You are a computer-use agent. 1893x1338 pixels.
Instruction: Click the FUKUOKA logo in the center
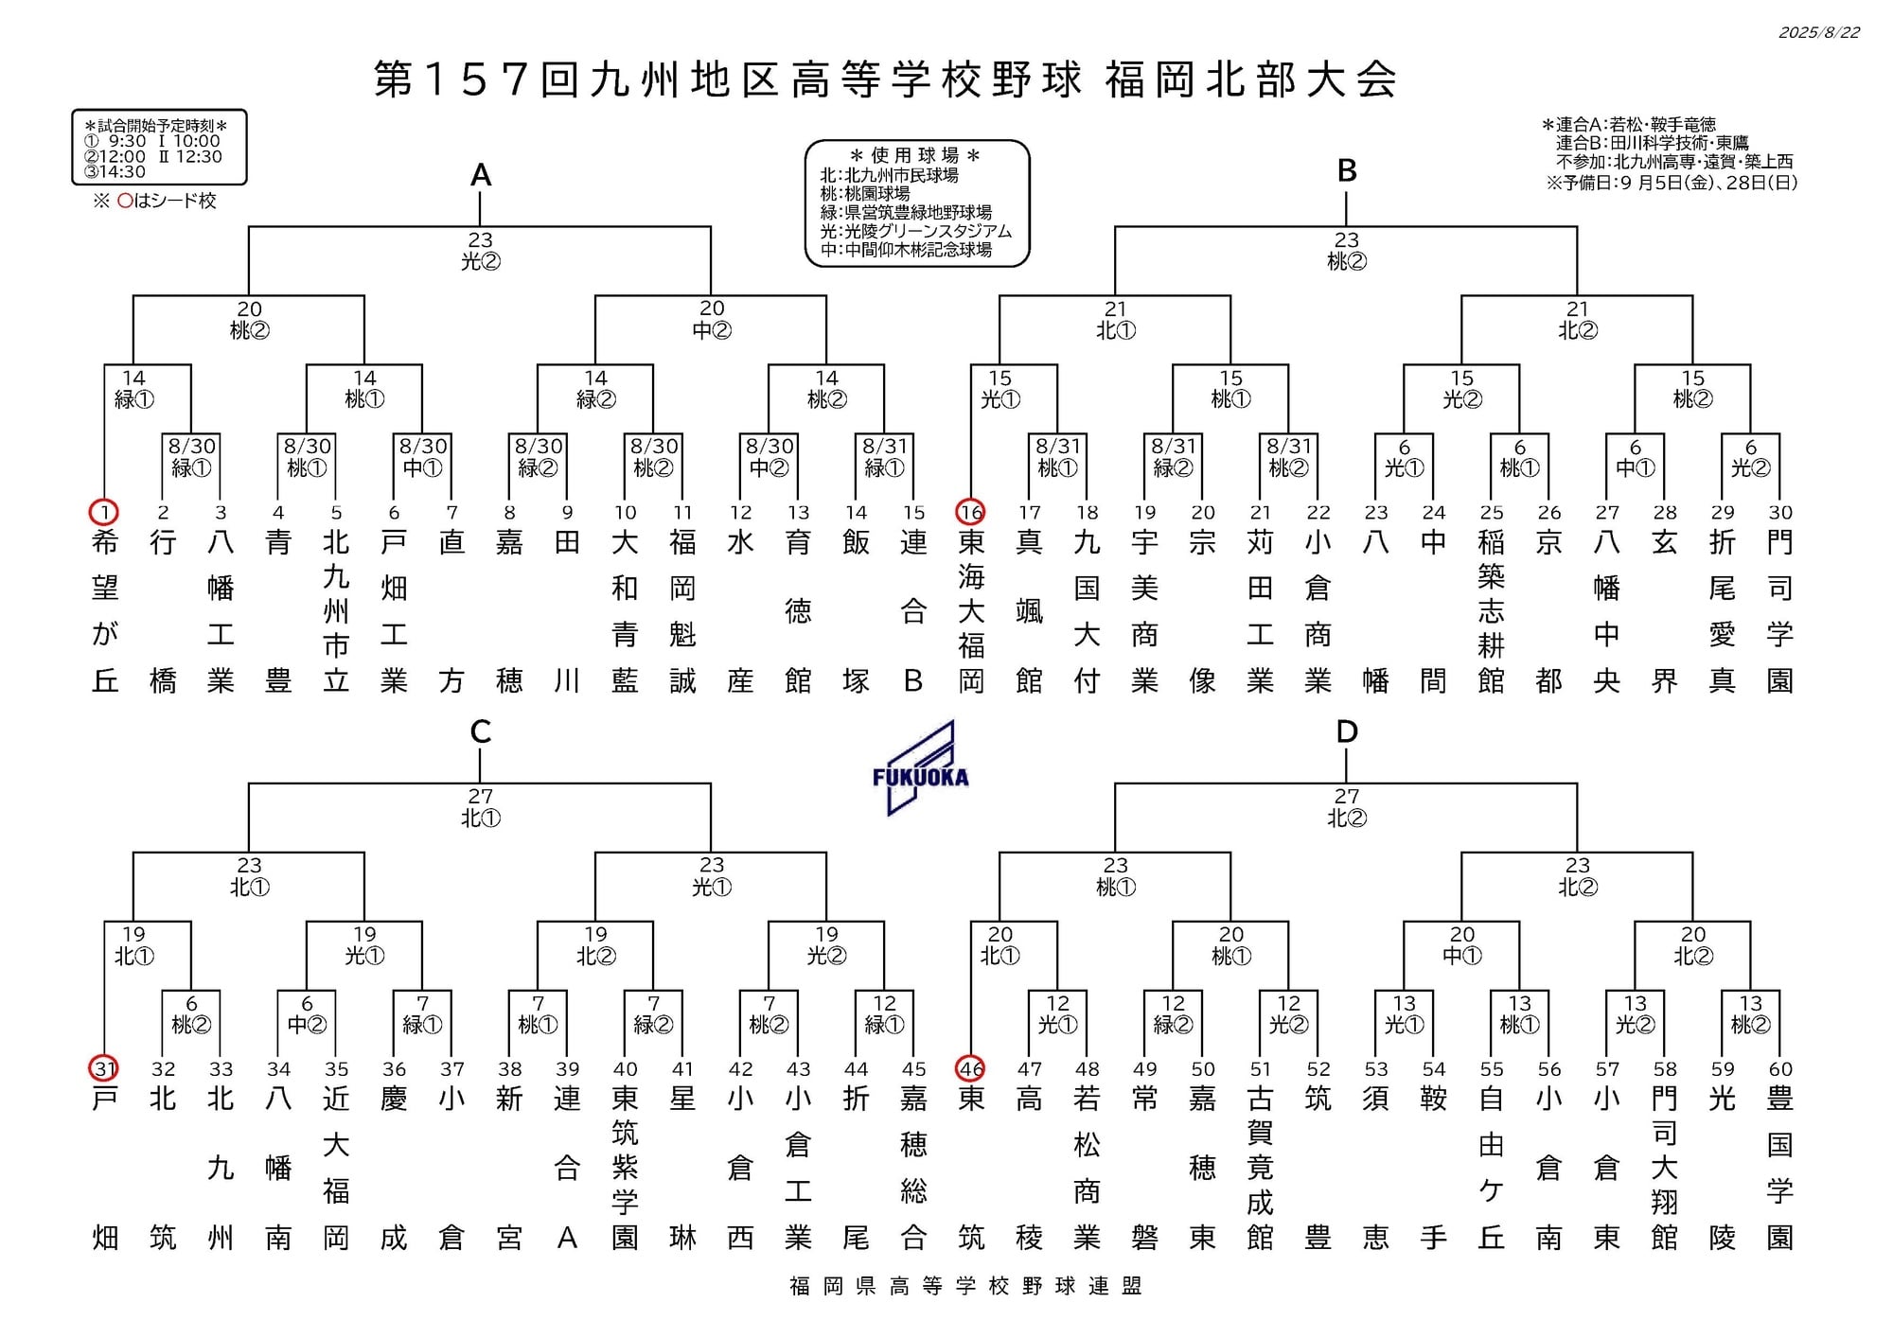point(920,767)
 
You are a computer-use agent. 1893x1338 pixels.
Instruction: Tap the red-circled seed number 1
point(104,512)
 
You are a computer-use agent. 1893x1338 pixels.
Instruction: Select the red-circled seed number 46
point(971,1068)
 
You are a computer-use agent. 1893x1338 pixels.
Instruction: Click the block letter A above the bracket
point(481,175)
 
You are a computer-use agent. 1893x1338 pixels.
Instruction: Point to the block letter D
point(1346,731)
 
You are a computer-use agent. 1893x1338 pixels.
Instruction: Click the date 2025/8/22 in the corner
point(1818,32)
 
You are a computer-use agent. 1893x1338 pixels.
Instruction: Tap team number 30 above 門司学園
point(1779,512)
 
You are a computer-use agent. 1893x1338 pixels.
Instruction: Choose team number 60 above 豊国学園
point(1779,1068)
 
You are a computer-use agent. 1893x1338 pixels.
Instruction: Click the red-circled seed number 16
point(971,512)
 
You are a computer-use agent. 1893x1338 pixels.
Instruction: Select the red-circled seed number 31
point(104,1068)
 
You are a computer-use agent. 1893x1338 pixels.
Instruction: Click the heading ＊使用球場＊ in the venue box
point(915,155)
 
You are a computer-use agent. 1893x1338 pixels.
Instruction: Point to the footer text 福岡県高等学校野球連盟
point(966,1285)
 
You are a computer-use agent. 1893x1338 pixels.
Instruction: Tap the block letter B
point(1347,170)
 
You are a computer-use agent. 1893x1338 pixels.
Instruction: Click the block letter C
point(481,731)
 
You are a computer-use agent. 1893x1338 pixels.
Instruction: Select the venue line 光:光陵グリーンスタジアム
point(915,231)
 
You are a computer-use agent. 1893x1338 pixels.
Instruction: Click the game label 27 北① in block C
point(481,807)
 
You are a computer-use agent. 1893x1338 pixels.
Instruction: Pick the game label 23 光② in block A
point(481,251)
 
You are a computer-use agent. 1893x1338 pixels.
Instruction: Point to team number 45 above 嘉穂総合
point(913,1068)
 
